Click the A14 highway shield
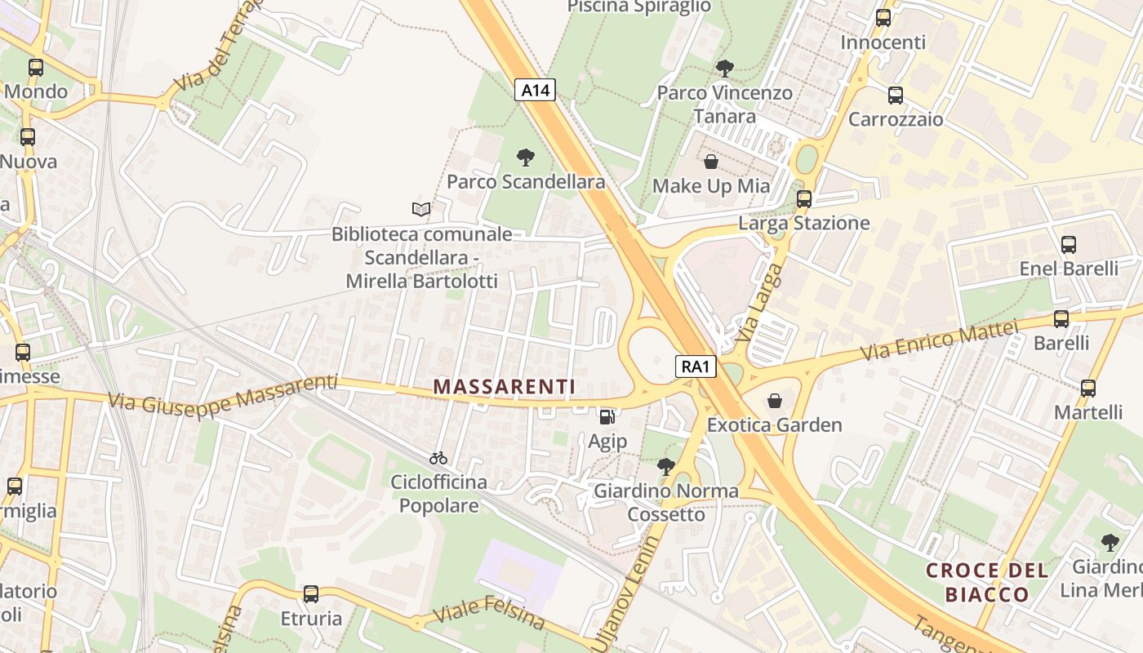click(x=535, y=90)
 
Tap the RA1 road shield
click(x=696, y=366)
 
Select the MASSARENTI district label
click(x=504, y=386)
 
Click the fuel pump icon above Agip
click(x=607, y=416)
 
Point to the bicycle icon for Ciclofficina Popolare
click(x=438, y=458)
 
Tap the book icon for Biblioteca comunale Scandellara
click(x=421, y=210)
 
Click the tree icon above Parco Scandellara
click(x=526, y=157)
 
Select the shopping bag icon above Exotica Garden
click(x=774, y=401)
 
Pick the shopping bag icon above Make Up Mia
click(x=710, y=162)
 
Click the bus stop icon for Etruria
click(x=310, y=593)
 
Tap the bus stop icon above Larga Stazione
click(x=804, y=198)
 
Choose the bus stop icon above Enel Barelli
click(x=1068, y=244)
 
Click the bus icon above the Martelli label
click(x=1087, y=388)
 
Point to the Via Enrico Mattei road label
click(x=941, y=342)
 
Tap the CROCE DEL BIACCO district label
click(x=987, y=582)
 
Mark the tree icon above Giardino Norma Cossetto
click(x=666, y=467)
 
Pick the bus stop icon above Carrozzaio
click(x=895, y=96)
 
